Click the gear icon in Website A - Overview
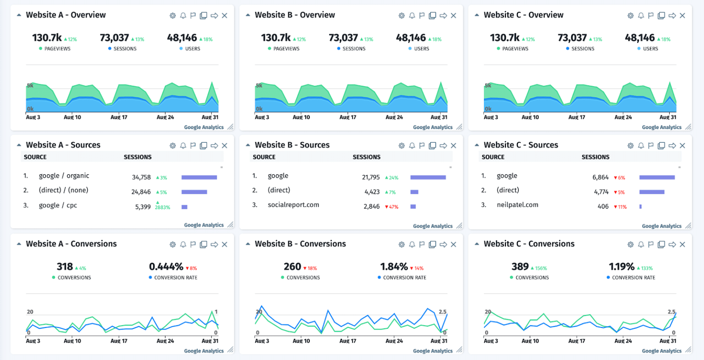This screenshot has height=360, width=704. (173, 16)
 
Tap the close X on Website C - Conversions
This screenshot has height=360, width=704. (682, 244)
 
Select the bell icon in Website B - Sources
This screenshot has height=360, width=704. (412, 145)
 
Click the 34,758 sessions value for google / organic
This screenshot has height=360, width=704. (141, 177)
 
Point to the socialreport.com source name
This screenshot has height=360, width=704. (293, 205)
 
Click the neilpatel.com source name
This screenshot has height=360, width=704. (517, 205)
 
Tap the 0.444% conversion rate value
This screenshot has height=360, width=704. (166, 266)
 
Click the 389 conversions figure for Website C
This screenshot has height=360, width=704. (520, 266)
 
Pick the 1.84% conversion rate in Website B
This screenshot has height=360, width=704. (394, 266)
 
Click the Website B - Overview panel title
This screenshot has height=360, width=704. (295, 15)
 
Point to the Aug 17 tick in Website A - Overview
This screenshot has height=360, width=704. (119, 117)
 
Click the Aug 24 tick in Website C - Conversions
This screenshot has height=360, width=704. (623, 341)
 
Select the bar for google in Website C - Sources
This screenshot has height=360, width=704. (657, 177)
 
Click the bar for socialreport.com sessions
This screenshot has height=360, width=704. (413, 207)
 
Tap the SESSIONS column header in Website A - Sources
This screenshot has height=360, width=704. (137, 157)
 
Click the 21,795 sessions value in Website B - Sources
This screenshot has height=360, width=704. (371, 177)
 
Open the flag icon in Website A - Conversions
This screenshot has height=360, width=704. (193, 244)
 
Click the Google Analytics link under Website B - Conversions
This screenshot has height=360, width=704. (433, 351)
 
